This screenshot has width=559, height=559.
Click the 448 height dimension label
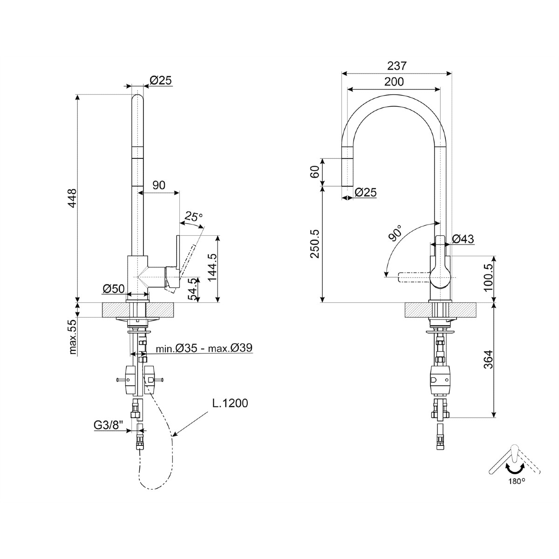[x=72, y=198]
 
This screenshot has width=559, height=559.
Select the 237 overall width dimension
[x=396, y=66]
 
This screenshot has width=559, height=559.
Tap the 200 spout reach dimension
[x=394, y=82]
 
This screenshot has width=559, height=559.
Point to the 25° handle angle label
[x=194, y=217]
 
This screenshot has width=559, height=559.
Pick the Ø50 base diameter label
[x=114, y=289]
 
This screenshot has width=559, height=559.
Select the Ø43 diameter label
[x=463, y=239]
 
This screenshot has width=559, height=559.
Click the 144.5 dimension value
[x=212, y=267]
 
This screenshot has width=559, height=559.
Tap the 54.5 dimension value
[x=192, y=289]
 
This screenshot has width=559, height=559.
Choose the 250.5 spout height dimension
[x=315, y=244]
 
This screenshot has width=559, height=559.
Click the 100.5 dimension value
[x=489, y=277]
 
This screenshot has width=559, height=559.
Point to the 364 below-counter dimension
[x=489, y=360]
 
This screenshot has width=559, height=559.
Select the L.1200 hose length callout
[x=230, y=403]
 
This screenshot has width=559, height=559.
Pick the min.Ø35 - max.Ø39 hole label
[x=204, y=348]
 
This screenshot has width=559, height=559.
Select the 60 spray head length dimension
[x=315, y=172]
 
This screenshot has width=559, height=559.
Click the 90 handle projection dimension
[x=159, y=185]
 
